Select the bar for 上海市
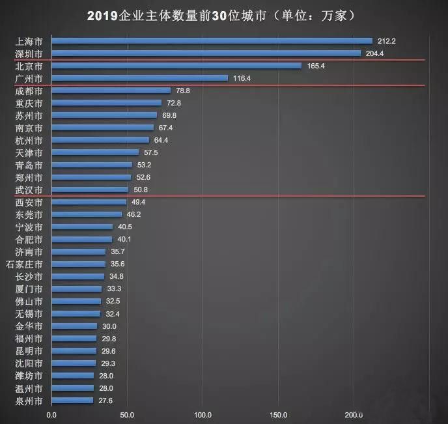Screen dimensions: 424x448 coord(212,41)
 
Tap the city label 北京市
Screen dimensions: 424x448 coord(29,66)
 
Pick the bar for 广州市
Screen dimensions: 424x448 coord(139,78)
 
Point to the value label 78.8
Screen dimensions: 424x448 coord(183,91)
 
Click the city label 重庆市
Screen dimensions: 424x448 coord(29,103)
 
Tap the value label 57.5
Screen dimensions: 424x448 coord(151,152)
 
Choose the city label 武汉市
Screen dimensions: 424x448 coord(29,190)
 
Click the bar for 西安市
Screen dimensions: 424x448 coord(89,202)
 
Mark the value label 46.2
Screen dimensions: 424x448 coord(134,214)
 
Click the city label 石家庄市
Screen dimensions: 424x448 coord(24,264)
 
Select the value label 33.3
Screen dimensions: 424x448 coord(115,289)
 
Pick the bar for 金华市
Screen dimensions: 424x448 coord(74,326)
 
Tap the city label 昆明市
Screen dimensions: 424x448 coord(29,350)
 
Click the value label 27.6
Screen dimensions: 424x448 coord(106,400)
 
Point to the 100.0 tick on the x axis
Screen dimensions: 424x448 coord(203,414)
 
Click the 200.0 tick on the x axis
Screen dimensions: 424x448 coord(354,414)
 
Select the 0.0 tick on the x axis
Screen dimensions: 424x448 coord(51,414)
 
